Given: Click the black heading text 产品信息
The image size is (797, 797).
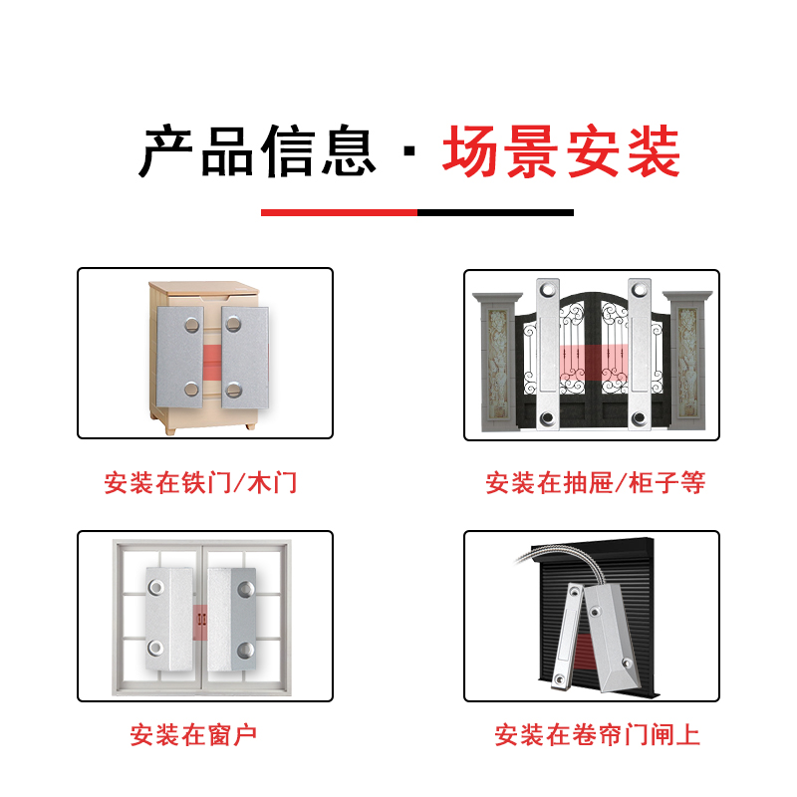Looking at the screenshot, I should [x=257, y=152].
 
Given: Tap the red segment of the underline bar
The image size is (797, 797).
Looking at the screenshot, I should [x=339, y=212].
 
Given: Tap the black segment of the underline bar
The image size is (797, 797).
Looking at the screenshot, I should [x=495, y=212].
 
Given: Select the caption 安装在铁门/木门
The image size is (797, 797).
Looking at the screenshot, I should [x=200, y=484].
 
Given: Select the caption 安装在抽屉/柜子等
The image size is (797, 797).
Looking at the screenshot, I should [x=595, y=484].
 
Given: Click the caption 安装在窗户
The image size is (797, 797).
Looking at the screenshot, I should [x=193, y=736].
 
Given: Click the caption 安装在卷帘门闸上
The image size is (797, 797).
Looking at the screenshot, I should [x=597, y=736].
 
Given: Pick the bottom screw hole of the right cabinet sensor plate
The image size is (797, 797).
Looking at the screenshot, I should [x=233, y=390].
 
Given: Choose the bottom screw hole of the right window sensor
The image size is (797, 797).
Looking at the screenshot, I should [x=245, y=652].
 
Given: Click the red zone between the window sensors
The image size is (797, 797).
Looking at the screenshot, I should [x=201, y=619].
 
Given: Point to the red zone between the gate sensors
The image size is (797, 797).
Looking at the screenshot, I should [x=593, y=364].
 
